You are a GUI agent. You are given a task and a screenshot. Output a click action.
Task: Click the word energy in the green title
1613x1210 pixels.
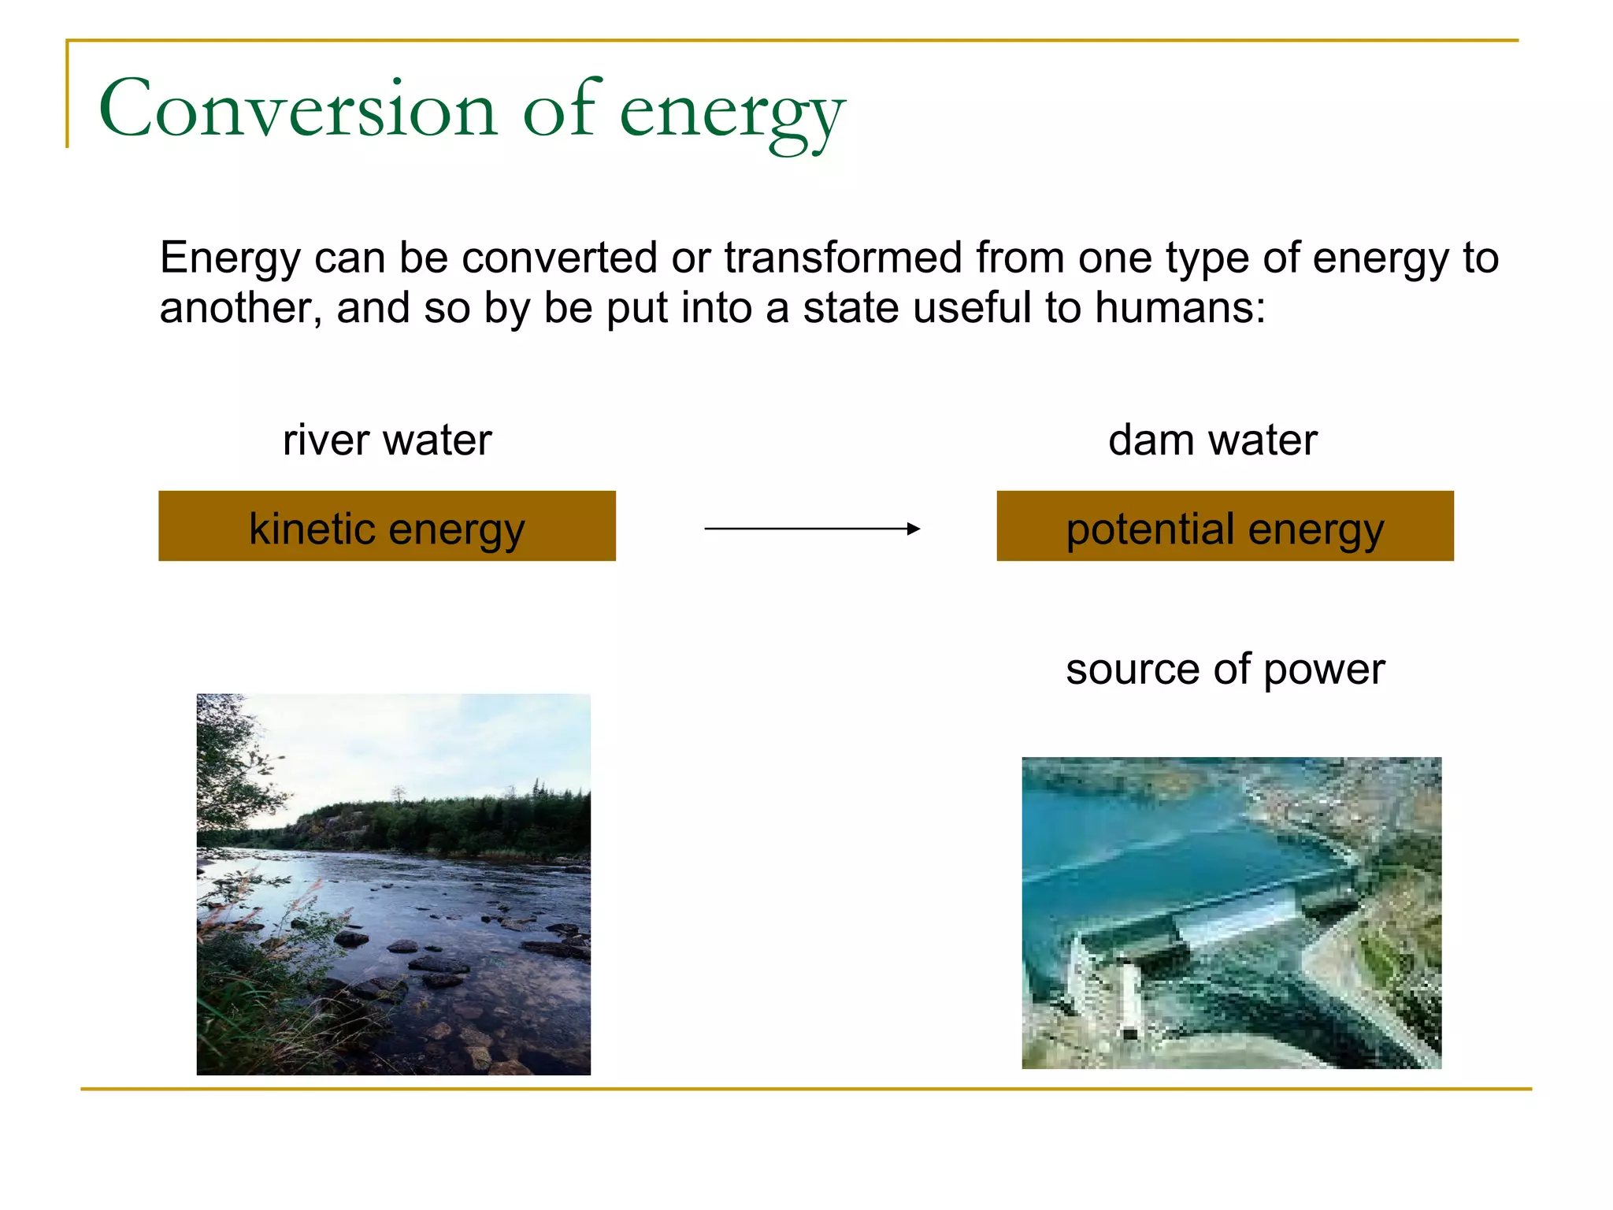click(x=732, y=114)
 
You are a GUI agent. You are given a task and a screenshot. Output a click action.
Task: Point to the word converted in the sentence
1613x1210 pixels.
click(x=559, y=258)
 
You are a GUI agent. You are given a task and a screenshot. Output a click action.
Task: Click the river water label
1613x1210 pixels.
click(x=387, y=440)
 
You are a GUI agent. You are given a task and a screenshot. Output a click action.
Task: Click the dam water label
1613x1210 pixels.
click(x=1212, y=440)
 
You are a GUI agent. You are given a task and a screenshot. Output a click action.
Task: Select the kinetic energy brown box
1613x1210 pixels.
click(x=387, y=526)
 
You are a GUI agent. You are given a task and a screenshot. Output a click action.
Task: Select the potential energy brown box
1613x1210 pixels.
click(x=1225, y=526)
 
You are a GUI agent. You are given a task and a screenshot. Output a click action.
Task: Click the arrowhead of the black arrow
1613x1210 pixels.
click(x=914, y=529)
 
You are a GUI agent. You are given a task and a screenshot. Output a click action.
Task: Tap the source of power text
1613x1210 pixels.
click(x=1225, y=670)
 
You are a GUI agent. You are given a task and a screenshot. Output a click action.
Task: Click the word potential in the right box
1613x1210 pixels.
click(x=1150, y=529)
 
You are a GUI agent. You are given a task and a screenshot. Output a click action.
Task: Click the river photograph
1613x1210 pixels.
click(x=393, y=884)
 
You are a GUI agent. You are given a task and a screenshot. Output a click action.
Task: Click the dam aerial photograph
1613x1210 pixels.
click(x=1231, y=912)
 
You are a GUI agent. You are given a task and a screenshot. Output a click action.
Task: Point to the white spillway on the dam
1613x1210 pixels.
click(x=1237, y=918)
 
